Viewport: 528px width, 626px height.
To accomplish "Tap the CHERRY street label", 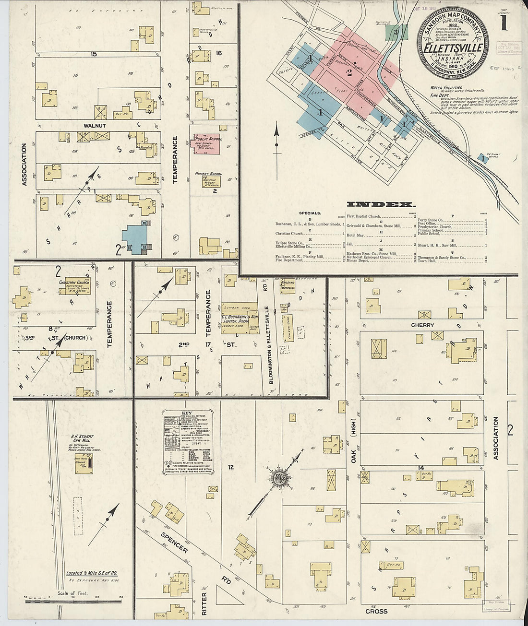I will coord(422,325).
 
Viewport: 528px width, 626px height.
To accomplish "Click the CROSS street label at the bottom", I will coord(376,611).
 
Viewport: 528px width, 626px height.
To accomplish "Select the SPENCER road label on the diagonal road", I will coord(174,542).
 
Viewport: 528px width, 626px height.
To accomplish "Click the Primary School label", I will coord(207,173).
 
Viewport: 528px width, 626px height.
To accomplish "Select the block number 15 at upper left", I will coord(94,54).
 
